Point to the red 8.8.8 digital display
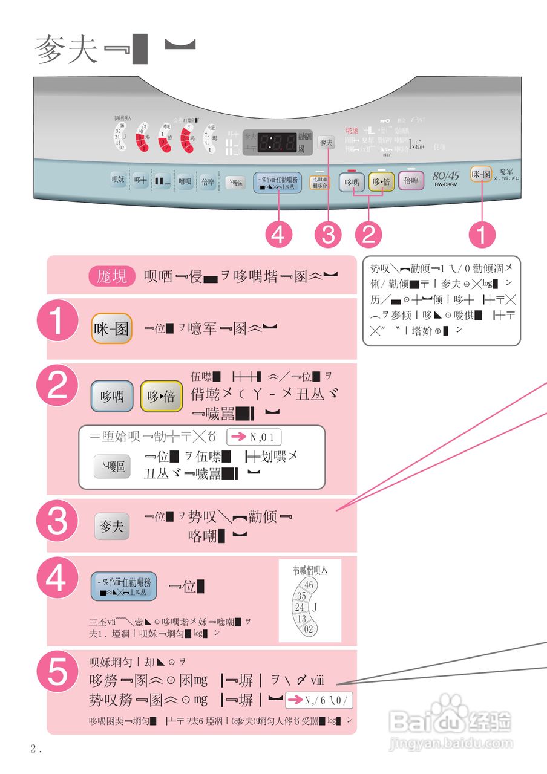[277, 143]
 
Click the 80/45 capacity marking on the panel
[446, 175]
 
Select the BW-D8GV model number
[446, 184]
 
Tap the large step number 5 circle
[57, 672]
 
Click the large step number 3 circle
[57, 520]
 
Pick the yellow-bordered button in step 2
[162, 396]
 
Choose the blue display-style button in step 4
[123, 586]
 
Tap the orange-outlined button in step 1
[112, 329]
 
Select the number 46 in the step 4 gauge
[309, 585]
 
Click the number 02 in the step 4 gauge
[309, 629]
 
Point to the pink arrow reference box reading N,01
[254, 437]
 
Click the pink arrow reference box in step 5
[319, 700]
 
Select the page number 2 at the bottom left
[34, 749]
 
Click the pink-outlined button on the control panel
[411, 180]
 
